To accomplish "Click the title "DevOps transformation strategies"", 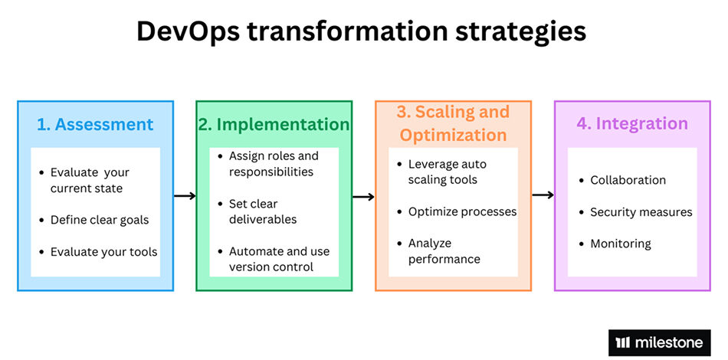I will (361, 32).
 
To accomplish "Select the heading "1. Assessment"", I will (95, 124).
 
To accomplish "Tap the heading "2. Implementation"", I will (274, 124).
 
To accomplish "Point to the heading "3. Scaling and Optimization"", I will (453, 123).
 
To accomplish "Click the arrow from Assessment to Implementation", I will (185, 196).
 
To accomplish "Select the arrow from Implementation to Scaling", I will (363, 197).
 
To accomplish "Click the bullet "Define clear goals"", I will (100, 220).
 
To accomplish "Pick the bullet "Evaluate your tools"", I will (103, 251).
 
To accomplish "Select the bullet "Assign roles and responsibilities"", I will (273, 164).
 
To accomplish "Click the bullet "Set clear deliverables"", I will (264, 211).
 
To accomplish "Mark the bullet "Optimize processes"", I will (462, 211).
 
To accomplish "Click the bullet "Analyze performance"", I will (444, 251).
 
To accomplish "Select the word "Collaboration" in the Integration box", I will (628, 180).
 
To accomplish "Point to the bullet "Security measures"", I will (641, 211).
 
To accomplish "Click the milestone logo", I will (659, 342).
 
